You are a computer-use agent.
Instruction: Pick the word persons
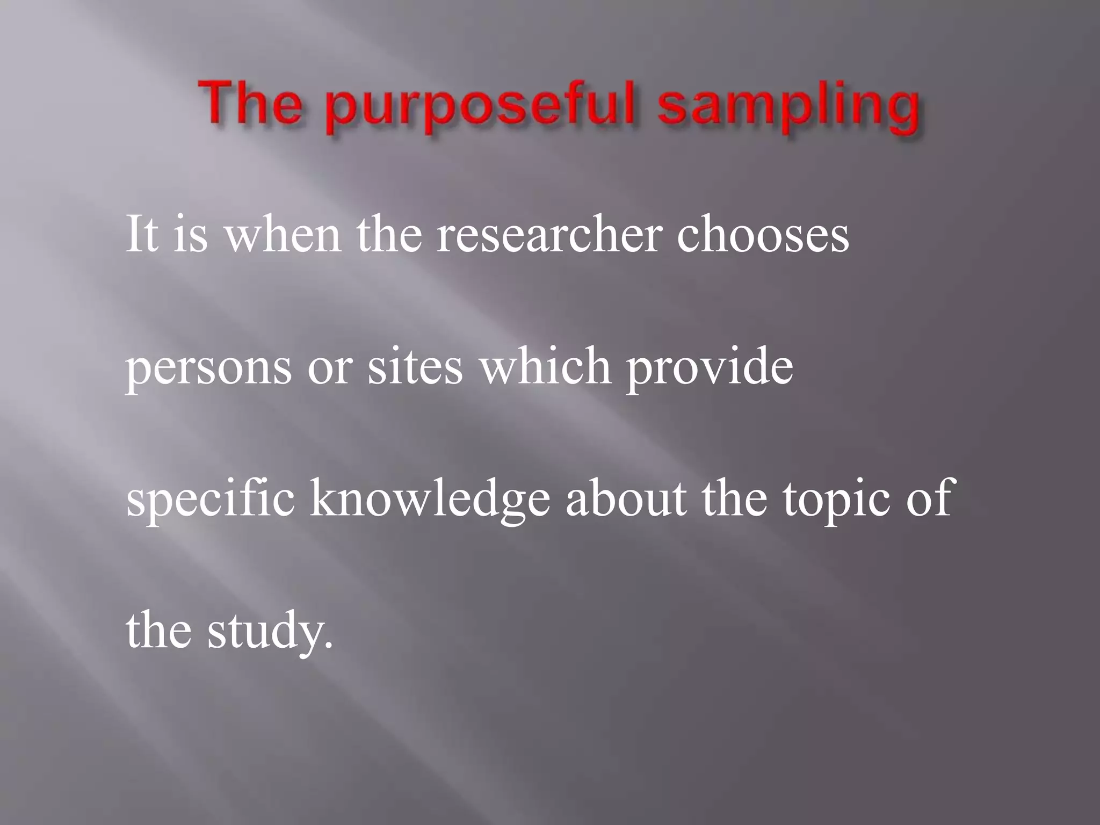[x=209, y=368]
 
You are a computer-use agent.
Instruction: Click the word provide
[x=710, y=368]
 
